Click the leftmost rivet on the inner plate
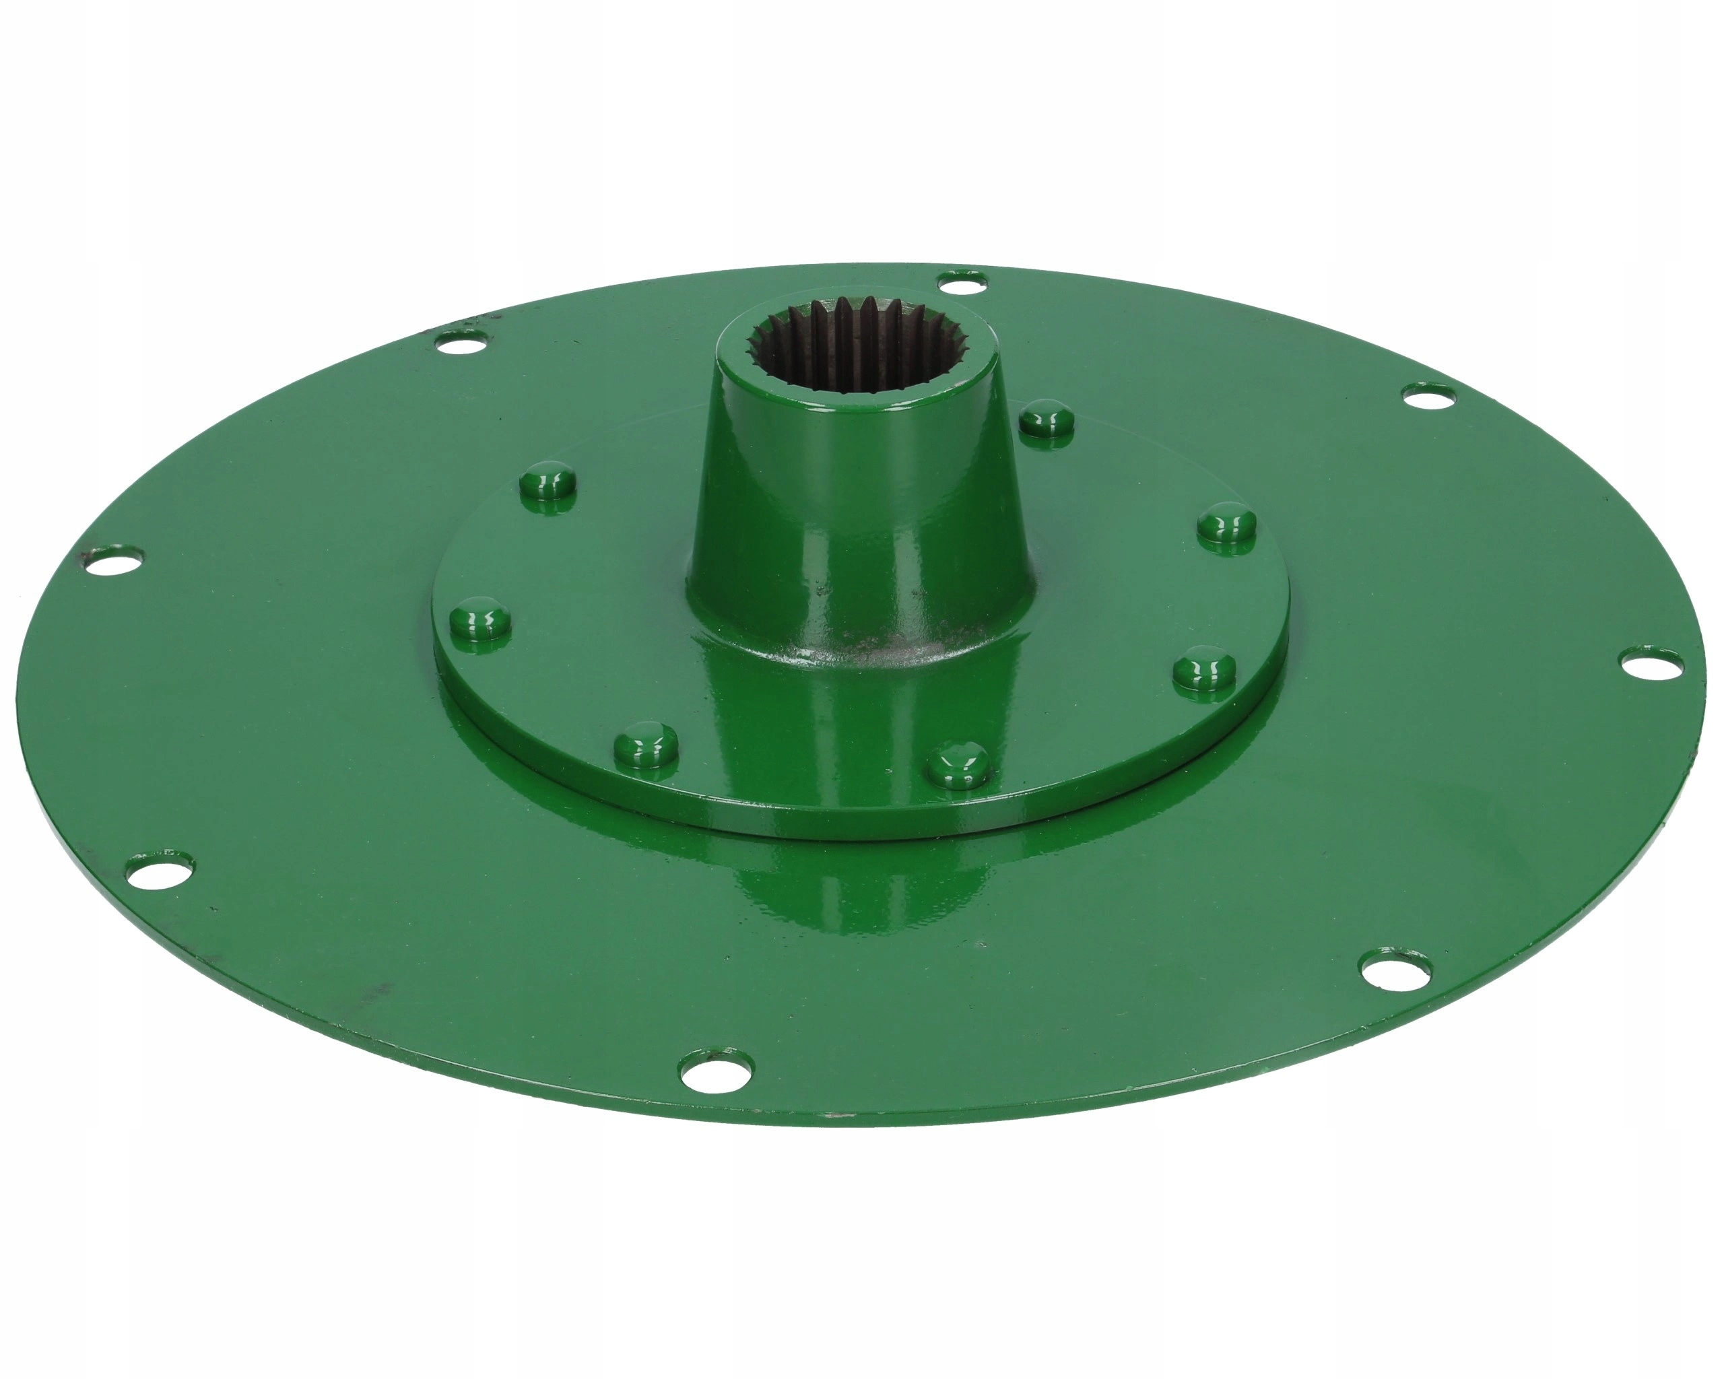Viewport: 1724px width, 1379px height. tap(479, 622)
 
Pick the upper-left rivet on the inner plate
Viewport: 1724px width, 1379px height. tap(547, 482)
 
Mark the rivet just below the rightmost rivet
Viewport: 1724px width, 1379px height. tap(1205, 671)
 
